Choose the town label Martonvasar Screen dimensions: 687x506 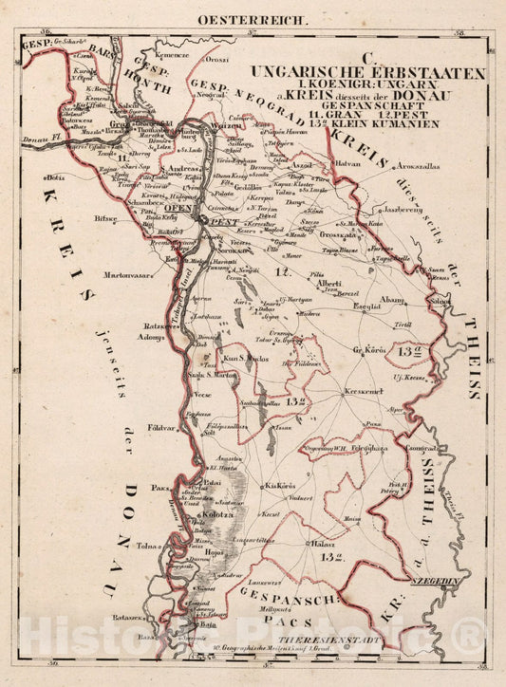point(122,272)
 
